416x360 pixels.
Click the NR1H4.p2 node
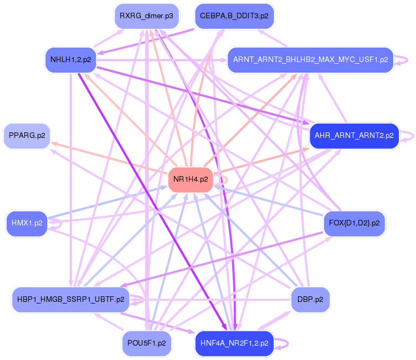coord(191,179)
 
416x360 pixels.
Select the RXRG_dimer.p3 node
coord(146,16)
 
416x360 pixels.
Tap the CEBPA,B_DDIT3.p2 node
coord(234,16)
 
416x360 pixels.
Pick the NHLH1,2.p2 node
coord(71,59)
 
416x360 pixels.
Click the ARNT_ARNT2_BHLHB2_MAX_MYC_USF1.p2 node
coord(310,59)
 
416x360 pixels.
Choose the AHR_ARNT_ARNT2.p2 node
coord(354,135)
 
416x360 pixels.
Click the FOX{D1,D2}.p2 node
coord(354,223)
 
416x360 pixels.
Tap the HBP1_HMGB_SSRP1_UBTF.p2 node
coord(70,299)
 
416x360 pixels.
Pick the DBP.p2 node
coord(310,299)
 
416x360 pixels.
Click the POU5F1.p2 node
coord(146,343)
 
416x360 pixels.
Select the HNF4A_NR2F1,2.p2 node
coord(234,343)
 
